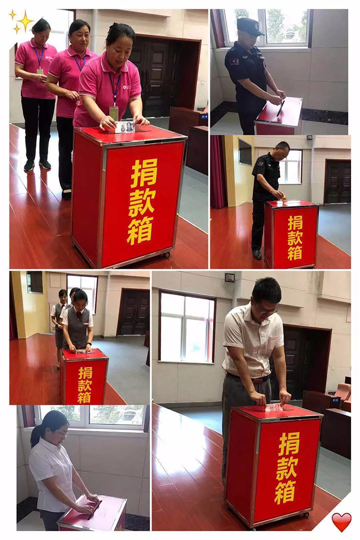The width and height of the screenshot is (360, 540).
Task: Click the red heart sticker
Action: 341,522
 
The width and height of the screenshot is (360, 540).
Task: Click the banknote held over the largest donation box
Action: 125,127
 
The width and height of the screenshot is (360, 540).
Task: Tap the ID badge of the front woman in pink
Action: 114,113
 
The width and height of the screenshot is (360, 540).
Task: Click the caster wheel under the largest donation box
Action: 167,255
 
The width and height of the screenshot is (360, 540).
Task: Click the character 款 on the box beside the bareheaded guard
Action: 295,238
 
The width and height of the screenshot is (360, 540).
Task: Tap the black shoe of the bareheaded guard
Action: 256,255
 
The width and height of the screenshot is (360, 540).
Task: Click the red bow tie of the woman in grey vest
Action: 79,315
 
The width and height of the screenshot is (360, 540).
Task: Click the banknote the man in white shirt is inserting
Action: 274,408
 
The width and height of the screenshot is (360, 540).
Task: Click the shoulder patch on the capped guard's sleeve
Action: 234,62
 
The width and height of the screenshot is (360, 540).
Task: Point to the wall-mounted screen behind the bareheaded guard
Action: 245,152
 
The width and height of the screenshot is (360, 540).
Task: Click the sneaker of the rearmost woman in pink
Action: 29,166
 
